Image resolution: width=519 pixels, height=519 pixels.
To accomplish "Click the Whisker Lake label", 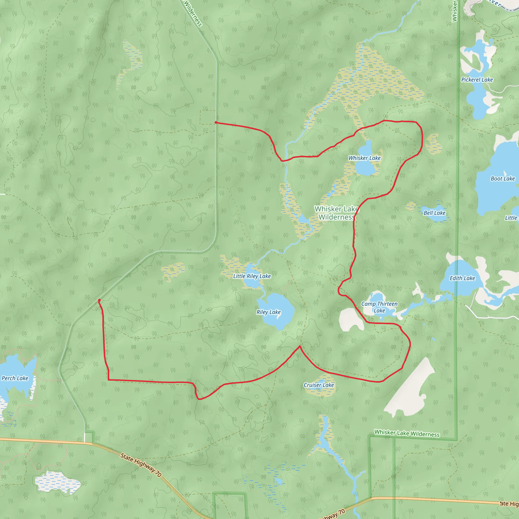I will (x=364, y=158).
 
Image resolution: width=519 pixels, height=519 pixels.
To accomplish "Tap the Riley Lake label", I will (x=268, y=312).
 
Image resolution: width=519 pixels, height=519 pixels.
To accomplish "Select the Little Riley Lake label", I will (x=252, y=276).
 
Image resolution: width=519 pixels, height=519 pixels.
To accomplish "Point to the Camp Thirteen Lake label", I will (x=379, y=307).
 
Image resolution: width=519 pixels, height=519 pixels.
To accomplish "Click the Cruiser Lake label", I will (x=319, y=385).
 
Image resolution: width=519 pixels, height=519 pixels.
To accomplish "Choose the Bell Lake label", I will (x=434, y=213).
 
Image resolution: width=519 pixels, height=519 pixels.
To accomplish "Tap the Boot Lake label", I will (x=503, y=178).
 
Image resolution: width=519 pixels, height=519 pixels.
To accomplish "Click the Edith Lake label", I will (x=462, y=278).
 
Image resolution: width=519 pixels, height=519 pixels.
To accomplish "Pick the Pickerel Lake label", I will (x=477, y=80).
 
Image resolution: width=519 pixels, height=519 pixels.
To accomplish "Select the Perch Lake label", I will (x=15, y=378).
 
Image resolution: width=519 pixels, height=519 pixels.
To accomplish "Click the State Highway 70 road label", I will (x=141, y=465).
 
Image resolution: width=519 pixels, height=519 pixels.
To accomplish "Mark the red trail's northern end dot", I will (x=216, y=122).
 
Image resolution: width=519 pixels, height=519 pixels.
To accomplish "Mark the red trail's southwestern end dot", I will (x=99, y=300).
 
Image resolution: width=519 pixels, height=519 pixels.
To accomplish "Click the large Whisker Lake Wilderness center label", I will (x=336, y=213).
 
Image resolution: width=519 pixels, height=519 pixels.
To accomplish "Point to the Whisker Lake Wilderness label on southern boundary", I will (x=407, y=433).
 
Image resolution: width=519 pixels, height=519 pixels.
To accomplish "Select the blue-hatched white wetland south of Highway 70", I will (x=58, y=482).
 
